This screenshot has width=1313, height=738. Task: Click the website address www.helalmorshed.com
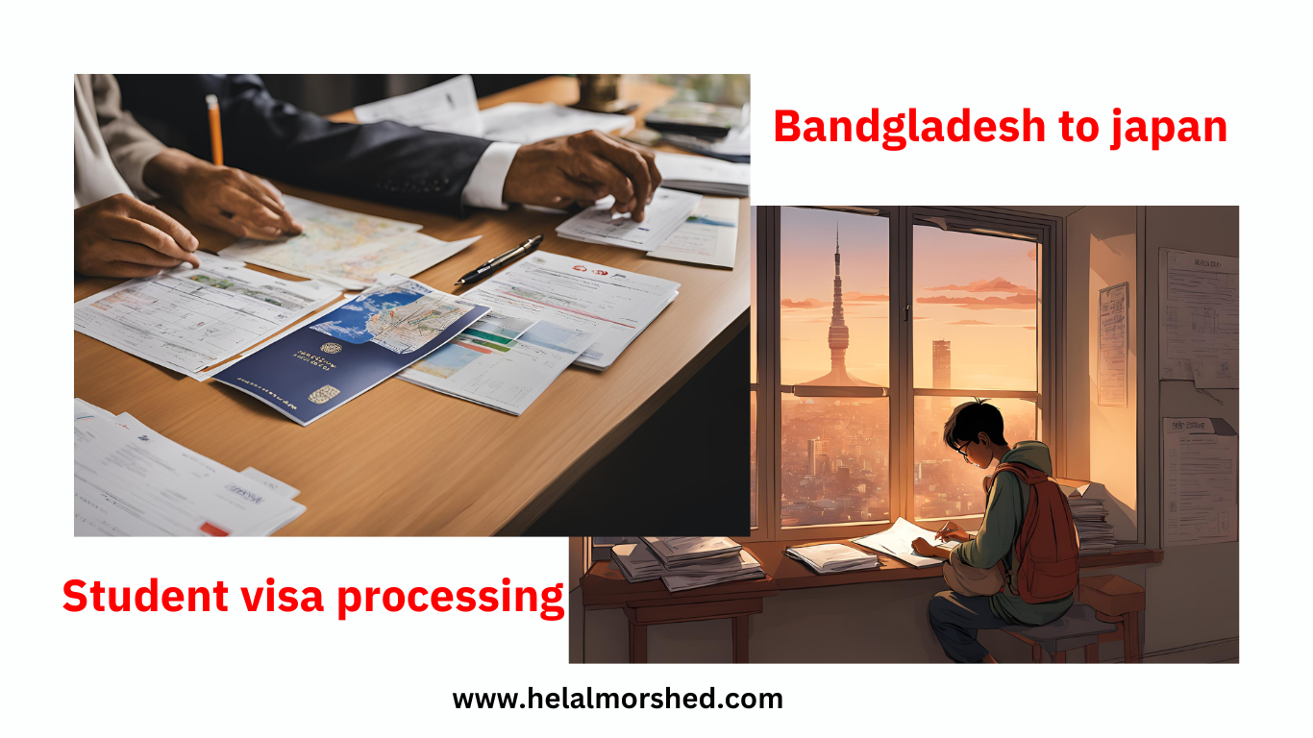pyautogui.click(x=617, y=699)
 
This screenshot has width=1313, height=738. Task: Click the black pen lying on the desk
pyautogui.click(x=499, y=259)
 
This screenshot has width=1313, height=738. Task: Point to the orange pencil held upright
pyautogui.click(x=214, y=130)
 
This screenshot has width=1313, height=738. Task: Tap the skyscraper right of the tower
pyautogui.click(x=940, y=365)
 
